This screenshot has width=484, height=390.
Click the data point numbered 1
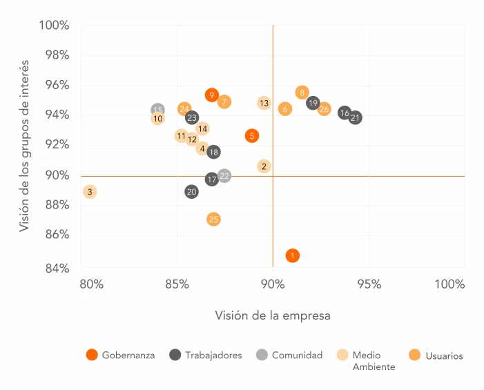[293, 255]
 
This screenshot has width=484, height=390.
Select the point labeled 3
[90, 191]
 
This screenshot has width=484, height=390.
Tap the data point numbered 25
[213, 220]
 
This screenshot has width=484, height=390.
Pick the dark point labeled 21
[355, 118]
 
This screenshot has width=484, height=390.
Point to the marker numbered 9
[211, 95]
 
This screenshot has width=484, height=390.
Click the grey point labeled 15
[157, 110]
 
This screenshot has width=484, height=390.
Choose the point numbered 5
[252, 136]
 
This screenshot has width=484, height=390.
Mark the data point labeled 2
[264, 166]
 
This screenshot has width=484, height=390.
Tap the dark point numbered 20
[191, 191]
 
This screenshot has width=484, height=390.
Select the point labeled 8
[302, 92]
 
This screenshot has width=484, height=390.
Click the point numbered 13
[264, 103]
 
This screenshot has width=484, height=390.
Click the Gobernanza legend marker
[92, 355]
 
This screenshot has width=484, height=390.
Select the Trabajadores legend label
[213, 355]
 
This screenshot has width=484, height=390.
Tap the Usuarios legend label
[444, 355]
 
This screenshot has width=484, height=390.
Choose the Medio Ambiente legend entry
[374, 360]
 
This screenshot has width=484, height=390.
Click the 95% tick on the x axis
[369, 284]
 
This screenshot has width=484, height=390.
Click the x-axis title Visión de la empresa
[273, 315]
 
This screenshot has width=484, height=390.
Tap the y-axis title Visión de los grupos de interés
[25, 146]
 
